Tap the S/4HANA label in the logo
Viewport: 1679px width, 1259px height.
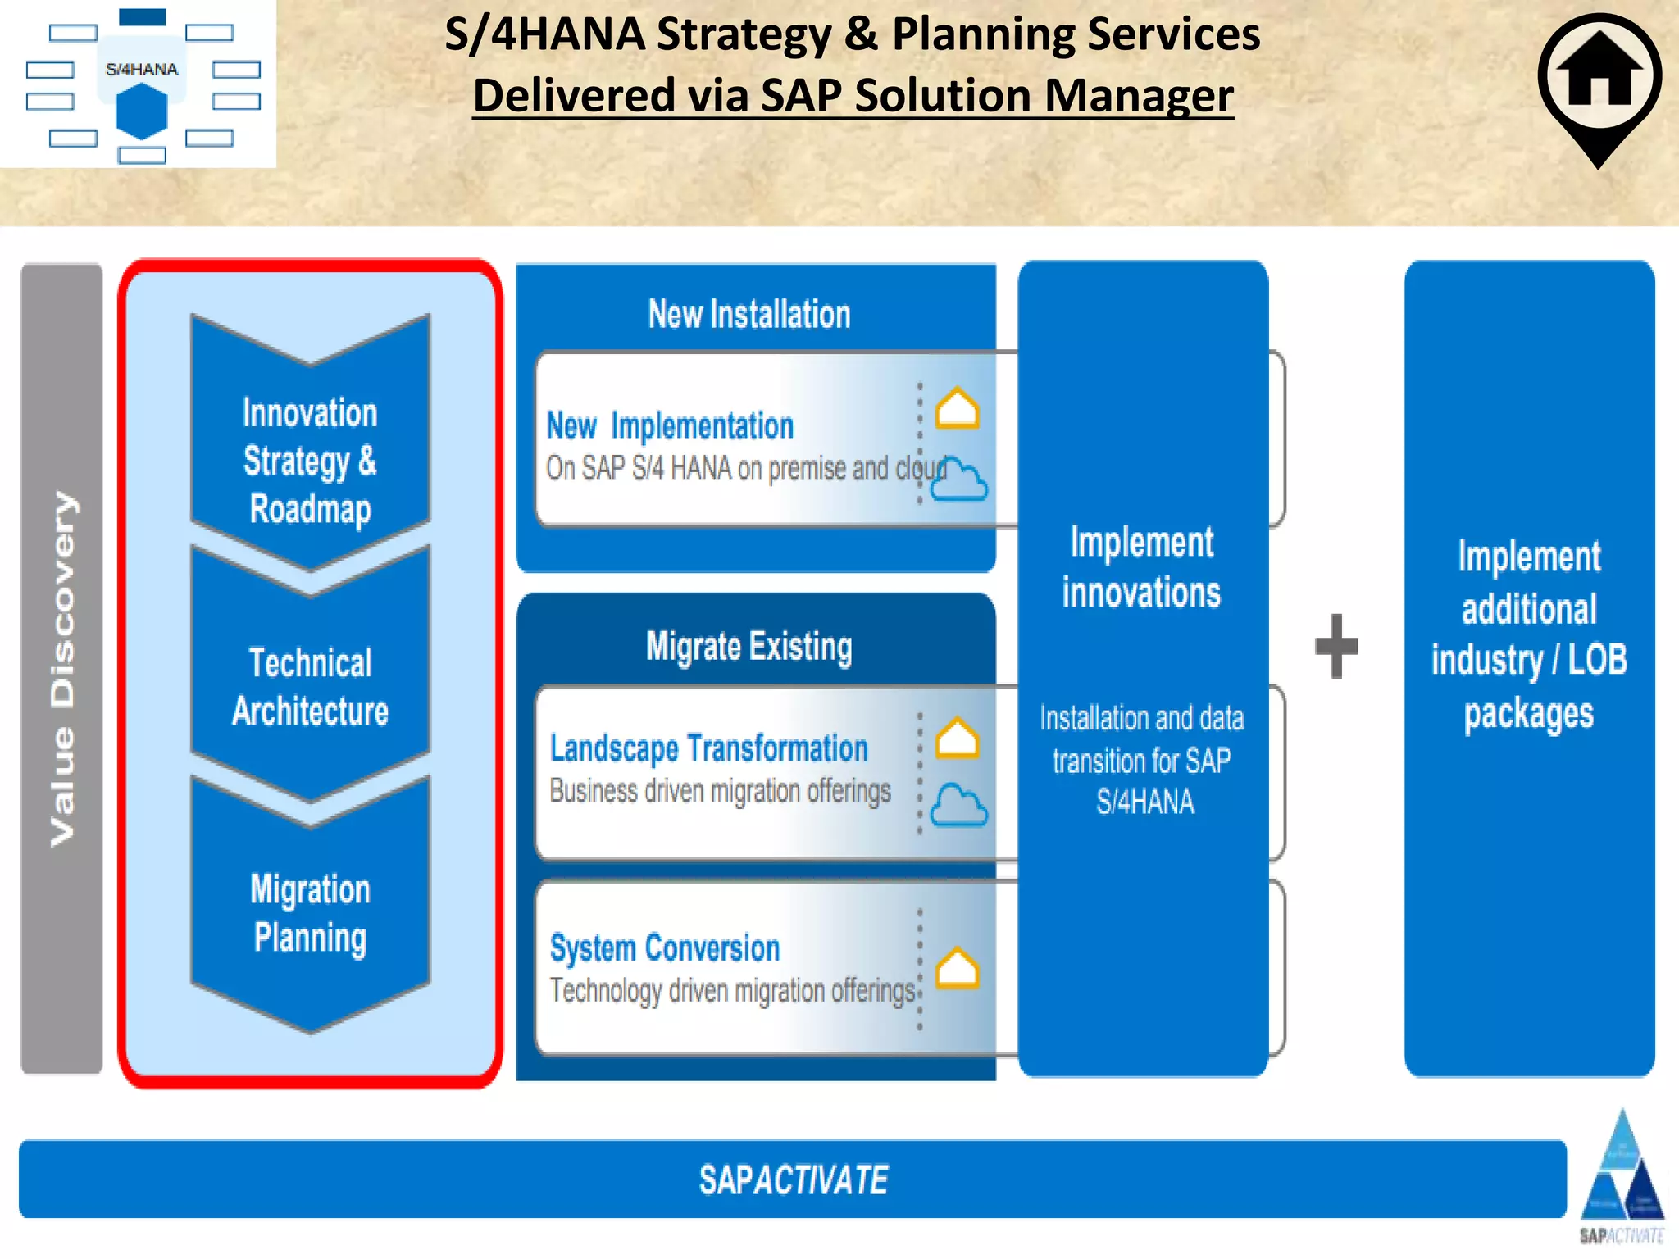coord(142,70)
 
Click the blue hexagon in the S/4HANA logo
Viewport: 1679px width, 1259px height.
coord(142,112)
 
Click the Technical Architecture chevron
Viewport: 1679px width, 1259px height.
coord(310,687)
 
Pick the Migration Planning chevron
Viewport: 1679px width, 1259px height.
coord(310,913)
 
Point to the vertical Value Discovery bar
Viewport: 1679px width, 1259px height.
coord(61,668)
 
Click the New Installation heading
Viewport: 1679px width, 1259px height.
coord(748,315)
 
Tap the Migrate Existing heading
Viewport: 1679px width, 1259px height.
coord(748,647)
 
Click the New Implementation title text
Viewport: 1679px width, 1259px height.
coord(670,426)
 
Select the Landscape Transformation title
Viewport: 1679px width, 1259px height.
coord(708,748)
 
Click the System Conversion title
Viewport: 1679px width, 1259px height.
coord(664,948)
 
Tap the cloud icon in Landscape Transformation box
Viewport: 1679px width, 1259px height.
coord(958,807)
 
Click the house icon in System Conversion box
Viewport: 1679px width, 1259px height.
coord(957,969)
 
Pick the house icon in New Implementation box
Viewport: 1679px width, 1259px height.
coord(957,408)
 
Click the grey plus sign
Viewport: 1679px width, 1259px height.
coord(1336,646)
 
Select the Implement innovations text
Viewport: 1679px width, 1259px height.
coord(1141,567)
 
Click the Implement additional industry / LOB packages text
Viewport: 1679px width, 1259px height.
coord(1529,634)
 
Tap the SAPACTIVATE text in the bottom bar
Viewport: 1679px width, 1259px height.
coord(793,1180)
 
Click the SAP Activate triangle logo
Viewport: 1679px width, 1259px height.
coord(1622,1172)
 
